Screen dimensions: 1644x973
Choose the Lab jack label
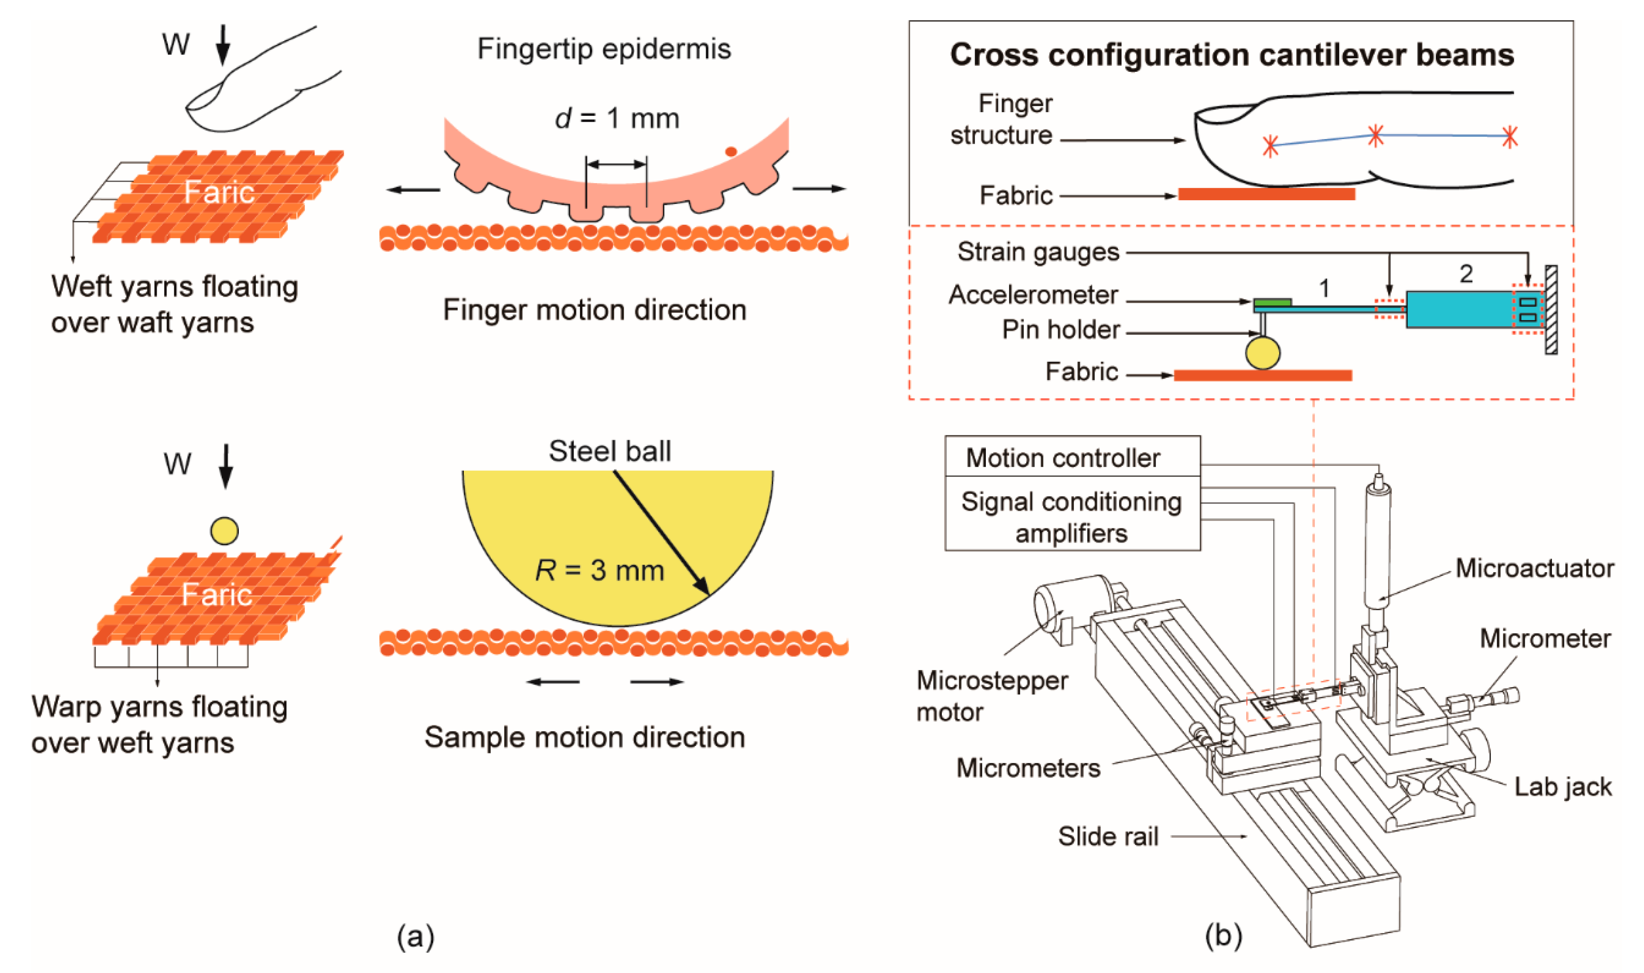(x=1563, y=786)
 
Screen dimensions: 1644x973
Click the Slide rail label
(x=1108, y=836)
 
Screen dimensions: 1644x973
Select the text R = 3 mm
(x=599, y=570)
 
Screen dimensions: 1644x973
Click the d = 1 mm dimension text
(x=616, y=118)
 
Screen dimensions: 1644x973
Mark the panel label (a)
(x=415, y=936)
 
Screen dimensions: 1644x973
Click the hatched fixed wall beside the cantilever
(x=1551, y=310)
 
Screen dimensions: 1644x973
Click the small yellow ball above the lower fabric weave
(x=224, y=530)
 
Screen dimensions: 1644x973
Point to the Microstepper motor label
(x=992, y=696)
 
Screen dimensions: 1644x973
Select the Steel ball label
(x=610, y=451)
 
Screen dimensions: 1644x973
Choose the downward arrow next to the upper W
(x=223, y=44)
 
